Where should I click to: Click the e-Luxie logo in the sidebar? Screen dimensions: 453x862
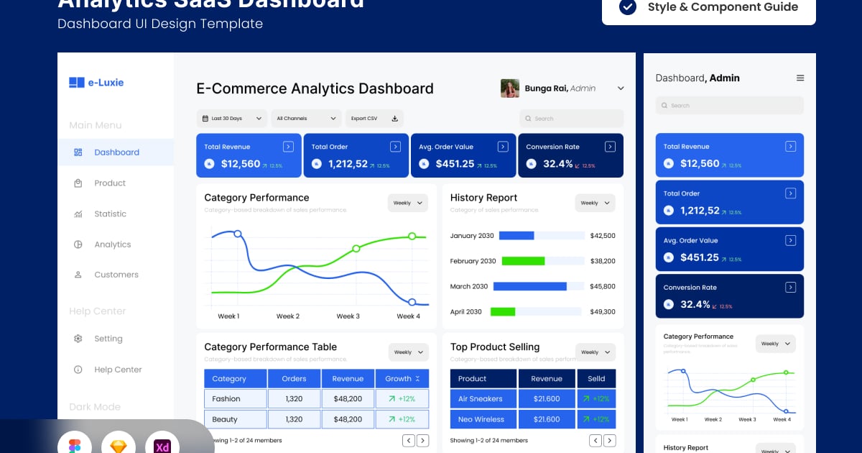point(96,83)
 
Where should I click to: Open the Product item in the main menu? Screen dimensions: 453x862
point(109,183)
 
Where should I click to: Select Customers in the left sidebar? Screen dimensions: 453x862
point(116,275)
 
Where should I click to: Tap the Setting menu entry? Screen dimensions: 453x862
point(108,339)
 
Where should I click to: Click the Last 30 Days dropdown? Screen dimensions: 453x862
point(231,119)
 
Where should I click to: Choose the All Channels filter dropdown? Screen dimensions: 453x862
point(306,119)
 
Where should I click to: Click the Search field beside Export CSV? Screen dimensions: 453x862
point(571,119)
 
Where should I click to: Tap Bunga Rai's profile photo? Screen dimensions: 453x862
point(510,88)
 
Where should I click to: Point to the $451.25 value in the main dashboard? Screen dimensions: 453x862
point(455,164)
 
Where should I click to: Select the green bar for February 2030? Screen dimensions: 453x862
point(523,261)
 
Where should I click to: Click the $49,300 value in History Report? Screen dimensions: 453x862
point(602,312)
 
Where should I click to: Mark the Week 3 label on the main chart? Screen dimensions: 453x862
point(348,316)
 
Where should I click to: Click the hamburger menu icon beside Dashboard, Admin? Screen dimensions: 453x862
point(800,78)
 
